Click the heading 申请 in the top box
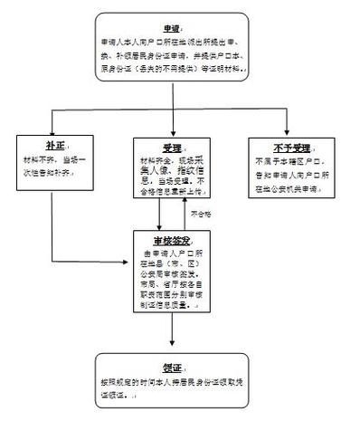tap(170, 27)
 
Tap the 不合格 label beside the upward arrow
tap(202, 213)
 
